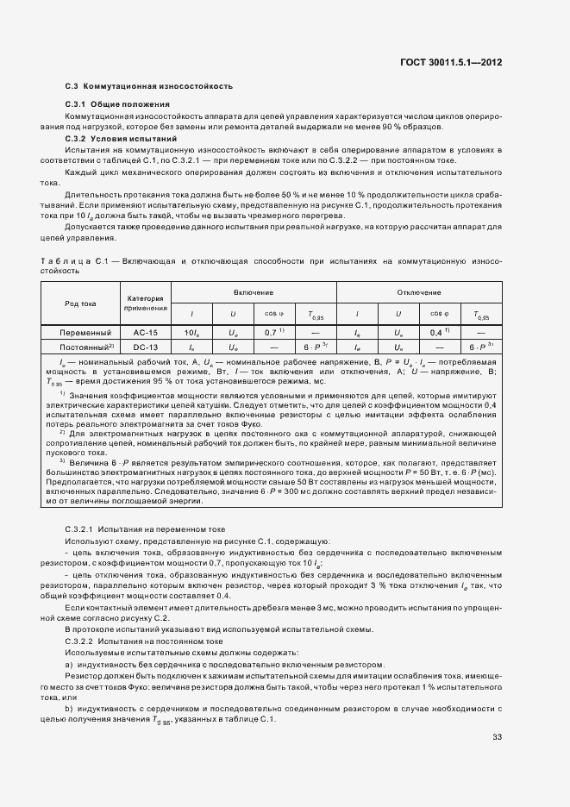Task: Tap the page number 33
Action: [497, 737]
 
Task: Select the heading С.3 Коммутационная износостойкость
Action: [148, 88]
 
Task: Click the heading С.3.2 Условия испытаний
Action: [121, 139]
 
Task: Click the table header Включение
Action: [254, 293]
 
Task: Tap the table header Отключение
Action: [419, 293]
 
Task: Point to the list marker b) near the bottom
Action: [69, 708]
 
